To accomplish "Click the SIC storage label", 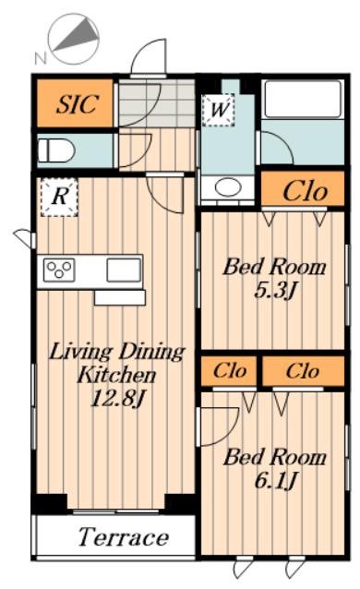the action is click(78, 103).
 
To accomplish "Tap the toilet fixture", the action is click(56, 150).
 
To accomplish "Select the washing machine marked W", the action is click(219, 110).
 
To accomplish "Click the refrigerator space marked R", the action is click(59, 197).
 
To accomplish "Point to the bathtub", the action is click(303, 99).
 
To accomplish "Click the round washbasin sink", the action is click(228, 186).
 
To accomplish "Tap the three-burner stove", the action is click(59, 270).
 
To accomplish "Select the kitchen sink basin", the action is click(124, 270).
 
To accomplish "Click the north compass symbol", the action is click(75, 39).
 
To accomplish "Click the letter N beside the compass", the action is click(41, 58).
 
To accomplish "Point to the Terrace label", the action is click(124, 537).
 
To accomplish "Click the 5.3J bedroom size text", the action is click(276, 290).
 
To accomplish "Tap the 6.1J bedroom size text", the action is click(276, 480).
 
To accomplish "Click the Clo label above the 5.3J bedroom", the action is click(305, 192).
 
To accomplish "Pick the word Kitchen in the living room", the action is click(116, 375).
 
